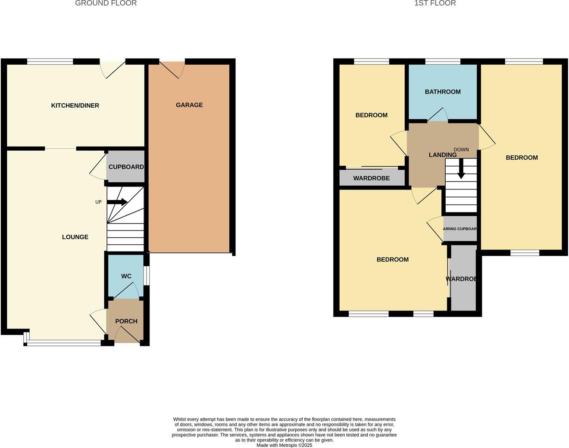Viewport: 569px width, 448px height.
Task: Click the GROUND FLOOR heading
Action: click(x=106, y=3)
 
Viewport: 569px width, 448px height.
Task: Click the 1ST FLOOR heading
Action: click(x=435, y=3)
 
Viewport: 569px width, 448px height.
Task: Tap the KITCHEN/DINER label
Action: click(x=75, y=106)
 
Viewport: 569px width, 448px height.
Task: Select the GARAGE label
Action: click(x=189, y=105)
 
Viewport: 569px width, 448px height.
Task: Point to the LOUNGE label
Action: click(x=75, y=237)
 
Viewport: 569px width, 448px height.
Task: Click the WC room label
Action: click(x=126, y=276)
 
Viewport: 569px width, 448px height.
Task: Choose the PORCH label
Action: click(x=126, y=321)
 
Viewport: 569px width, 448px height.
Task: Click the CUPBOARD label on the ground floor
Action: click(x=126, y=167)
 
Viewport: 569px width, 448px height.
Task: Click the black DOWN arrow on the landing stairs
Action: click(x=461, y=169)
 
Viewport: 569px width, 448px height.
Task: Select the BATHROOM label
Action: click(x=443, y=92)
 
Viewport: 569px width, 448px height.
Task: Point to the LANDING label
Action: click(x=442, y=155)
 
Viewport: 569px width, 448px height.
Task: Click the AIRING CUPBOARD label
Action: click(x=460, y=229)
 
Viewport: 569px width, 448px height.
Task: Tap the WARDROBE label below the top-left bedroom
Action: click(x=371, y=178)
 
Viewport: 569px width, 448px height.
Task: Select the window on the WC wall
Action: click(x=147, y=276)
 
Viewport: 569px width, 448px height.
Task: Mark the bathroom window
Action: click(x=443, y=62)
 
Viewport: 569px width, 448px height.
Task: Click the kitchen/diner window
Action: click(x=50, y=62)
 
